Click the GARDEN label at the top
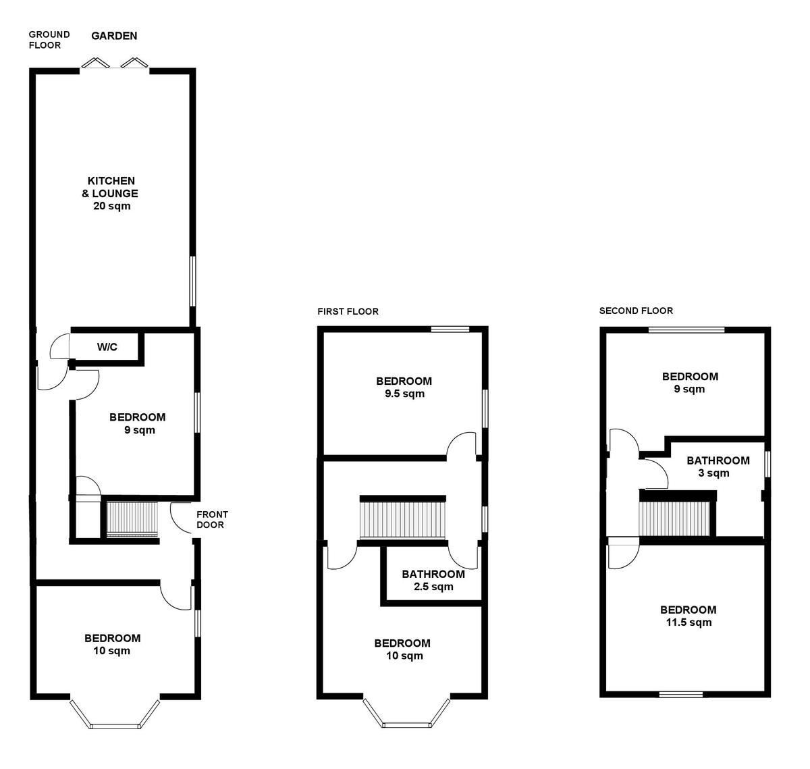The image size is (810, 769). click(x=114, y=36)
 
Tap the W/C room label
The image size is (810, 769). click(x=107, y=347)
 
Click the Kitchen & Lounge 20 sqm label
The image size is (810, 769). click(x=111, y=193)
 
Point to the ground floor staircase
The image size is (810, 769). click(x=132, y=519)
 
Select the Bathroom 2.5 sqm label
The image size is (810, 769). click(x=433, y=580)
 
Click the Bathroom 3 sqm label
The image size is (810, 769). click(x=718, y=467)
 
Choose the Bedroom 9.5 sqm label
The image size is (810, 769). click(x=404, y=387)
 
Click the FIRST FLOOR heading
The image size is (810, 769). click(x=348, y=311)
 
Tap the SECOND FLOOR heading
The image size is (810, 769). click(x=636, y=311)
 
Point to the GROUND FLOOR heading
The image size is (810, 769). click(x=49, y=40)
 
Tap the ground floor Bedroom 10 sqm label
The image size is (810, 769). click(x=112, y=644)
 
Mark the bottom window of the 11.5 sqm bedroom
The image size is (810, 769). click(x=680, y=693)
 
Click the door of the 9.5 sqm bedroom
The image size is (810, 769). click(x=462, y=446)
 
